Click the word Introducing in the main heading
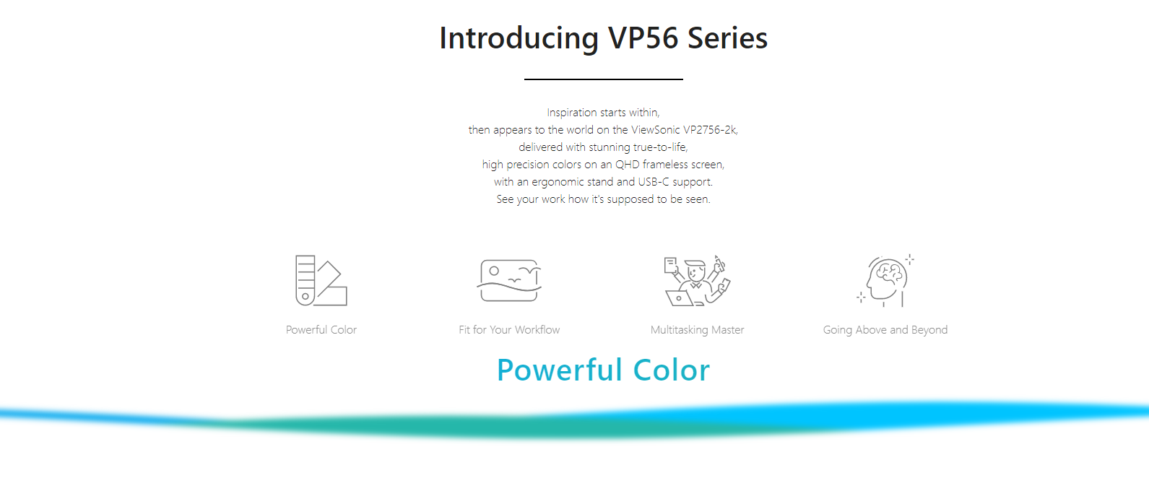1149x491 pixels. click(x=519, y=38)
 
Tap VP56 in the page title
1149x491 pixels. click(x=643, y=38)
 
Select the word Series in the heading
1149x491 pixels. click(x=727, y=38)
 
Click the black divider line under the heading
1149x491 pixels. click(x=603, y=79)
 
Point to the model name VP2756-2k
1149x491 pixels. click(x=710, y=130)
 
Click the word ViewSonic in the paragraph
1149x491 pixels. click(x=655, y=130)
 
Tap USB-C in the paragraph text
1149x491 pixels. click(x=654, y=182)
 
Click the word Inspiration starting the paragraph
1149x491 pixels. click(x=572, y=113)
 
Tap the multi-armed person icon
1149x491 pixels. click(x=697, y=281)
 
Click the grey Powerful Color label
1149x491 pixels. click(x=321, y=330)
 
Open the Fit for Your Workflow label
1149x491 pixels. click(x=509, y=330)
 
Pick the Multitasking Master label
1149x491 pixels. click(x=697, y=330)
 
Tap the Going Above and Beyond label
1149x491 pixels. click(x=885, y=330)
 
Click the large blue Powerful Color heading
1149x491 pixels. click(x=603, y=370)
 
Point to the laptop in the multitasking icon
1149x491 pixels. click(x=679, y=298)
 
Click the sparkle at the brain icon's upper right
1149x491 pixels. click(x=909, y=260)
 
